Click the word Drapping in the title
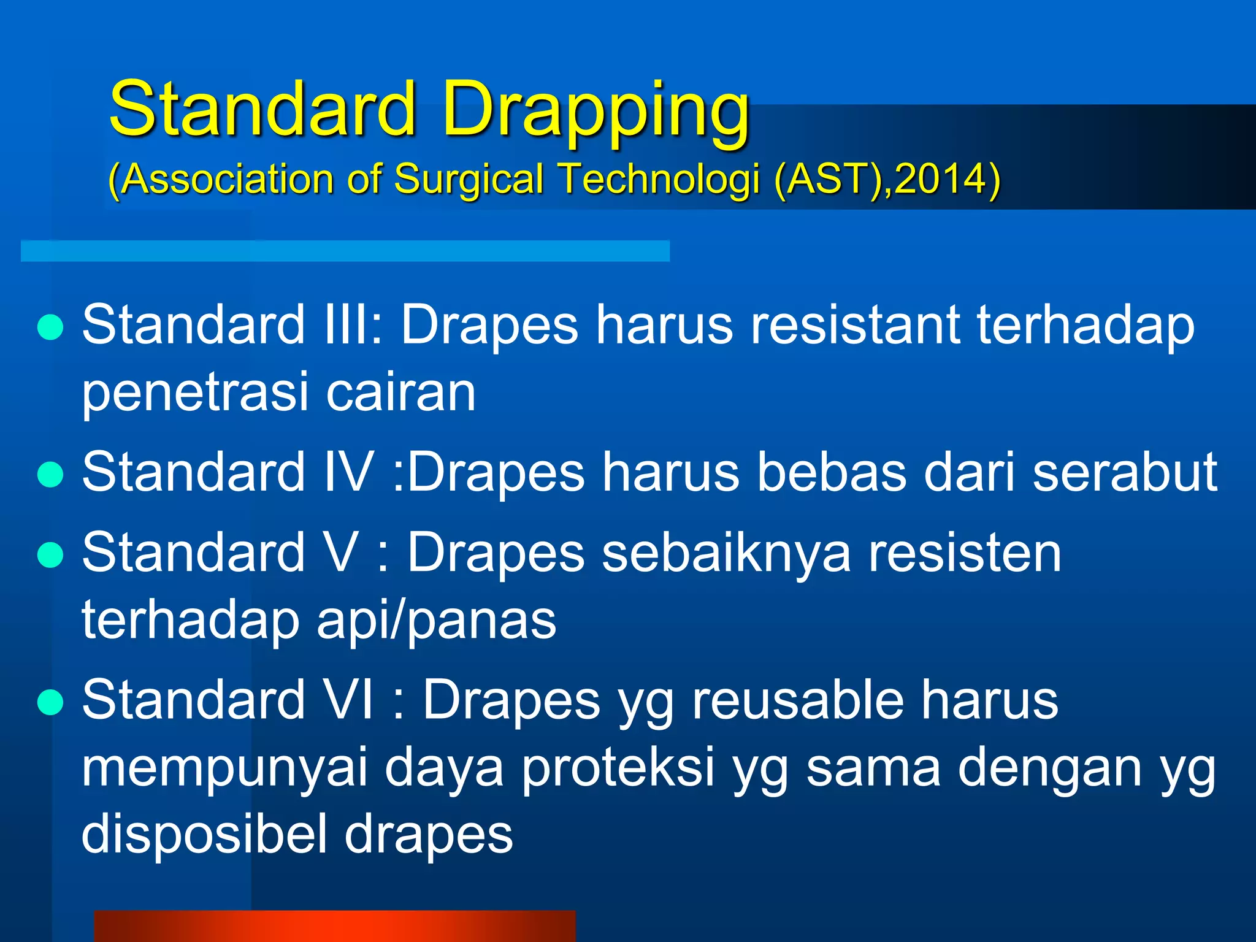(x=595, y=110)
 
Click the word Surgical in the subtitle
(x=469, y=179)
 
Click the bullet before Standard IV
(x=50, y=474)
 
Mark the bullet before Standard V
(x=50, y=555)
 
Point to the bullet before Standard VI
(x=50, y=703)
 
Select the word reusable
(x=797, y=700)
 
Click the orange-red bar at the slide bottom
(x=334, y=926)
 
